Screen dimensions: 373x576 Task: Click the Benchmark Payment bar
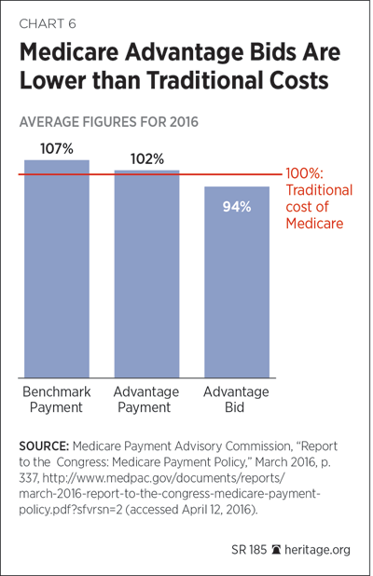pyautogui.click(x=57, y=269)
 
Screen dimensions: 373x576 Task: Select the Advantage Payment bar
pyautogui.click(x=146, y=274)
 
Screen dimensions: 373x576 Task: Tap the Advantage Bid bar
pyautogui.click(x=237, y=282)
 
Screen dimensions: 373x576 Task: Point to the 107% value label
pyautogui.click(x=57, y=149)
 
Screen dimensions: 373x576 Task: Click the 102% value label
pyautogui.click(x=147, y=159)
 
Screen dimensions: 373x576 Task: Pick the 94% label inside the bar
pyautogui.click(x=237, y=207)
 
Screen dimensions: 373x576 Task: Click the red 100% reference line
pyautogui.click(x=150, y=174)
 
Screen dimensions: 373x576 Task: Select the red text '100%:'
pyautogui.click(x=305, y=173)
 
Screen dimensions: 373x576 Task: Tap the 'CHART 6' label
pyautogui.click(x=48, y=24)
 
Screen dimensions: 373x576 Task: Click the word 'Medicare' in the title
pyautogui.click(x=69, y=52)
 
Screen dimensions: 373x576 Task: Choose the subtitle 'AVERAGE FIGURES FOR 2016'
pyautogui.click(x=109, y=122)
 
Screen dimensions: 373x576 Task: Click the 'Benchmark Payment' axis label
pyautogui.click(x=56, y=399)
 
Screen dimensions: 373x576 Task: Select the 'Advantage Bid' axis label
pyautogui.click(x=236, y=399)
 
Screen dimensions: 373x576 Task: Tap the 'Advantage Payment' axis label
pyautogui.click(x=145, y=399)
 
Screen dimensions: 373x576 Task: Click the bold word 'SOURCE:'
pyautogui.click(x=44, y=446)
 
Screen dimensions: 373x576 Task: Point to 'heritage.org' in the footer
pyautogui.click(x=317, y=550)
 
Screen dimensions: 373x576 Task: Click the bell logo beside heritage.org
pyautogui.click(x=276, y=550)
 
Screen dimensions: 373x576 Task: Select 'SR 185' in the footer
pyautogui.click(x=249, y=550)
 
